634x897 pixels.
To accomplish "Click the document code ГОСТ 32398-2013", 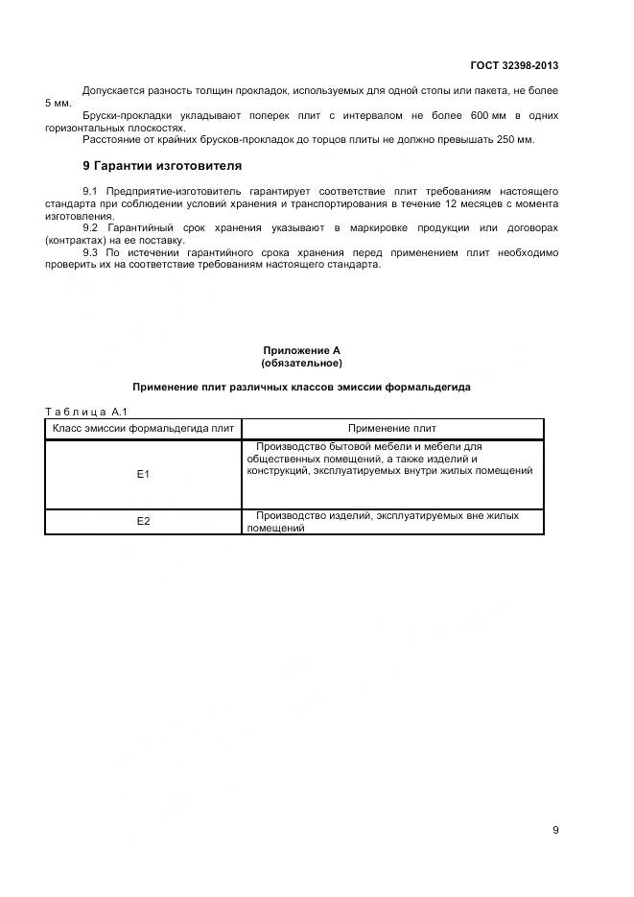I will tap(514, 66).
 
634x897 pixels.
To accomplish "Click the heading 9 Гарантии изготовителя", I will tap(162, 166).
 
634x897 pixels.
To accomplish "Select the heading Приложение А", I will tap(301, 351).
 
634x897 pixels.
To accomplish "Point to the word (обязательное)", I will tap(301, 364).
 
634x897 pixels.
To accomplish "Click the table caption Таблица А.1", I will tap(82, 411).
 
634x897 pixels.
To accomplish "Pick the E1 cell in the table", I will tap(143, 474).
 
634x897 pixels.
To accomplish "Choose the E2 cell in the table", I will tap(143, 522).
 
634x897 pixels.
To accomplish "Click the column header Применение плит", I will tap(392, 429).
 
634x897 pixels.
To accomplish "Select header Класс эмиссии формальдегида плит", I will tap(143, 429).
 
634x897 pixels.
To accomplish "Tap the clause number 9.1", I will tap(90, 191).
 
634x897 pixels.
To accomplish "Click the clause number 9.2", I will tap(90, 227).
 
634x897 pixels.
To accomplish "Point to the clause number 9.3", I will tap(90, 252).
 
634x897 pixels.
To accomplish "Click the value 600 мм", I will tap(471, 115).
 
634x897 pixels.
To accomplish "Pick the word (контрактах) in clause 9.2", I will tap(78, 240).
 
